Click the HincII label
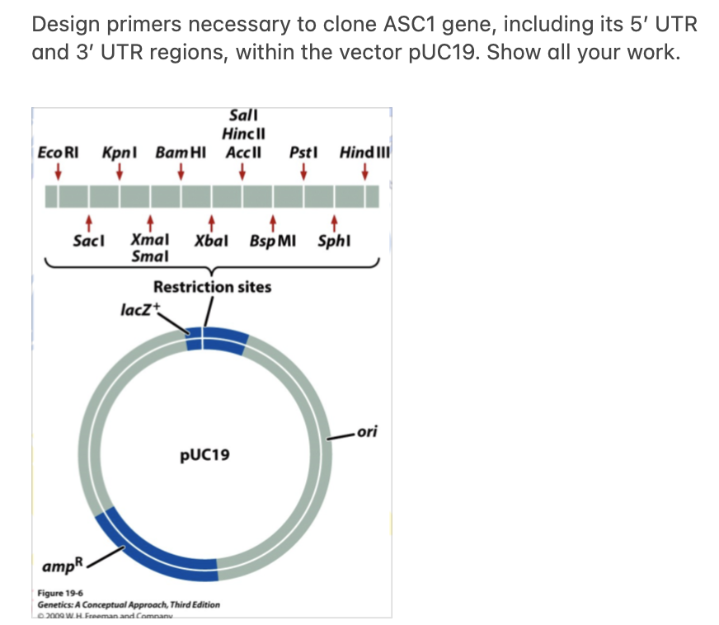click(242, 134)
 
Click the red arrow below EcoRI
click(58, 172)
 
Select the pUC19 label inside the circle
click(205, 454)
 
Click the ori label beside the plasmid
click(369, 431)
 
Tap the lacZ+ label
click(143, 310)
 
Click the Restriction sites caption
click(212, 287)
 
